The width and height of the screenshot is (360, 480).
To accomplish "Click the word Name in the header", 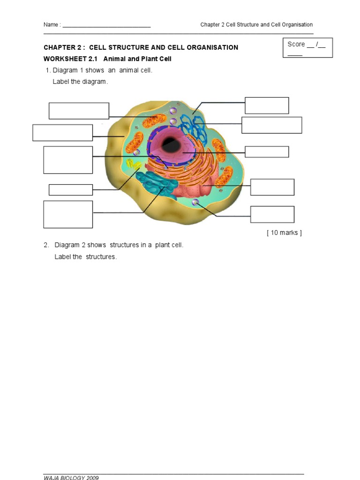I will pos(51,25).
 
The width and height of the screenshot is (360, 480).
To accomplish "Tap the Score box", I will pos(307,48).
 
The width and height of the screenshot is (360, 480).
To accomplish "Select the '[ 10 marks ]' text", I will pos(284,232).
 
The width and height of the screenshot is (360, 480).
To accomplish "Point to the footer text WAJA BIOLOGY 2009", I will pos(71,477).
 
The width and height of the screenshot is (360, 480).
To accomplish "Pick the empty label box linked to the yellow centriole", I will pos(71,189).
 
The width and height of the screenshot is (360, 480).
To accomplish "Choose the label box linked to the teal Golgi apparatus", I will pos(68,214).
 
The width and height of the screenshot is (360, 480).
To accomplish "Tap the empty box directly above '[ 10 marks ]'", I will pos(272,214).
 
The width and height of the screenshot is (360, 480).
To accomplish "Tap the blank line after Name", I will pos(106,26).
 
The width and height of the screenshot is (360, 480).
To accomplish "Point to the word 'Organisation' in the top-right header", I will pos(296,25).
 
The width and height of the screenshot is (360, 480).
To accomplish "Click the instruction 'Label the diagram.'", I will pos(80,82).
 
